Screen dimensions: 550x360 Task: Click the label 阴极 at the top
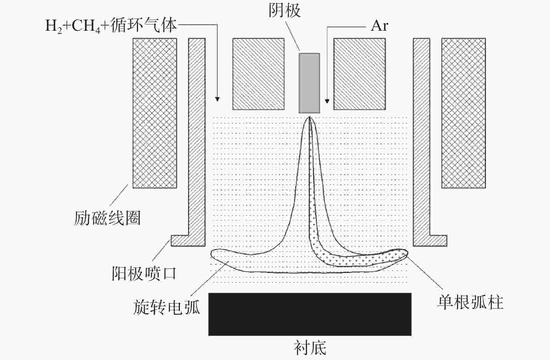click(285, 11)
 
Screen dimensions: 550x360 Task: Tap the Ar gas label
click(379, 26)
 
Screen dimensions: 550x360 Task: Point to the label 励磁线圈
click(107, 218)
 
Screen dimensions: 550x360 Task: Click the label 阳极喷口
click(144, 273)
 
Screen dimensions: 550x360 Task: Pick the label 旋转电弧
click(167, 307)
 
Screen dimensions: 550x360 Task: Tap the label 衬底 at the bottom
click(310, 348)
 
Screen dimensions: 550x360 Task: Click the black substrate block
click(310, 314)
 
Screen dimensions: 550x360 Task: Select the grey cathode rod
click(309, 83)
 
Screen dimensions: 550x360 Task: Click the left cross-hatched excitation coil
click(155, 113)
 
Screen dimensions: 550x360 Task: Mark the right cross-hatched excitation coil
click(464, 113)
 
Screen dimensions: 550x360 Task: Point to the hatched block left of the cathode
click(258, 74)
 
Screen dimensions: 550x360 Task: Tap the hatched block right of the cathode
click(359, 74)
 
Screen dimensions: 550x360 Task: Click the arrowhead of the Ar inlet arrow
click(327, 101)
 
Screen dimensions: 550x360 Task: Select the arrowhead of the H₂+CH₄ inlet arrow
click(217, 99)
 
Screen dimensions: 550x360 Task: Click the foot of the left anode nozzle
click(180, 241)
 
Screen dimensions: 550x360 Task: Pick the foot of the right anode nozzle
click(439, 241)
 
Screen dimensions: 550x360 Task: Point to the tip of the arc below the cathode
click(309, 117)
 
